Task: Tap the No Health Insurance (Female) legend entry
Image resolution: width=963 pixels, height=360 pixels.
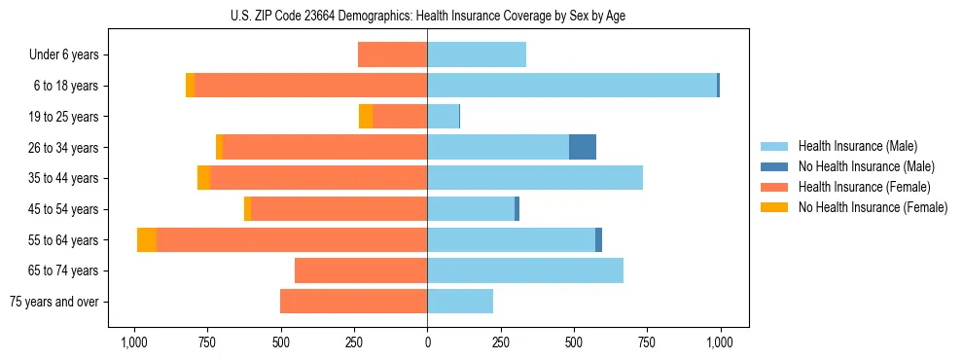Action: tap(872, 207)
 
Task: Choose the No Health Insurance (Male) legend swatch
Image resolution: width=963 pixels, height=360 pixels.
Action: tap(774, 166)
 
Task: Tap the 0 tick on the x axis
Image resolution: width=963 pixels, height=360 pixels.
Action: tap(427, 342)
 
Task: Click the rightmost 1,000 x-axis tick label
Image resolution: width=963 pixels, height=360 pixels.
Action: tap(720, 342)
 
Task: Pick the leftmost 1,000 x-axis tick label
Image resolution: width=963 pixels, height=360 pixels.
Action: tap(134, 342)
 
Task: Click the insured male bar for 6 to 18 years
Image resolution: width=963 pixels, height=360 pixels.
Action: tap(572, 86)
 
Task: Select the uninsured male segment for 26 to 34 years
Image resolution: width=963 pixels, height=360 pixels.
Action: tap(582, 147)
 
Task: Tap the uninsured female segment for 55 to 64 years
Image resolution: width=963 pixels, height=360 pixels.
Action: tap(147, 240)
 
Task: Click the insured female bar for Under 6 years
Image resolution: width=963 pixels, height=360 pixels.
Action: tap(392, 54)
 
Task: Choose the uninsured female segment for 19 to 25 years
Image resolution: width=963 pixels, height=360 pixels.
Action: tap(366, 117)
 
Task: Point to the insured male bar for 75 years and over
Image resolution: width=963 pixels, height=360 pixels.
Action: tap(460, 302)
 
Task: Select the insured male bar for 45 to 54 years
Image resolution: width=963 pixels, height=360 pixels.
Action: tap(471, 209)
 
